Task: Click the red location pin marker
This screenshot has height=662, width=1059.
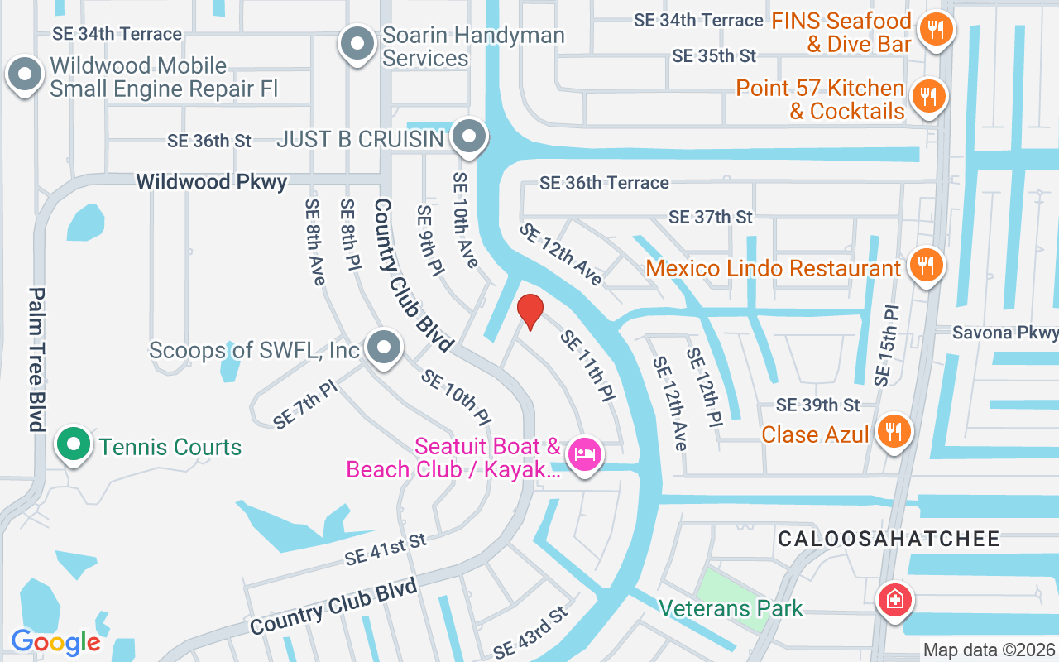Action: pos(529,311)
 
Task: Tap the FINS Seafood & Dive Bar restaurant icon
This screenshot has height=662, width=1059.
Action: pos(936,31)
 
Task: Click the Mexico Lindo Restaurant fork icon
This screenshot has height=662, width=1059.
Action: pos(926,266)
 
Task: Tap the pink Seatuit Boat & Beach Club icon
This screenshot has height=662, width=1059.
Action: pos(585,453)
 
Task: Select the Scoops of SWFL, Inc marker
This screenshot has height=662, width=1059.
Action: pos(384,348)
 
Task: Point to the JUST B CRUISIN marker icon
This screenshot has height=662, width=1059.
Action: pos(470,137)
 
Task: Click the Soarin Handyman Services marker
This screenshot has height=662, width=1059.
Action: pos(357,43)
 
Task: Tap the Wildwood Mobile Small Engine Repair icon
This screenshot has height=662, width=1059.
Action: pos(25,74)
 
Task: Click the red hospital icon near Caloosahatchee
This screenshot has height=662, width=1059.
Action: pos(894,598)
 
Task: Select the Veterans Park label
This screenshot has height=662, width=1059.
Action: pos(731,609)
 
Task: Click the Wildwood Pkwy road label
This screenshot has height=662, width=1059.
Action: pos(212,181)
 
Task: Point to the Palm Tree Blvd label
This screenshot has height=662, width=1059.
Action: pos(36,359)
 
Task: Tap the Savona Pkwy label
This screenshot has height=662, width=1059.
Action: pos(1004,333)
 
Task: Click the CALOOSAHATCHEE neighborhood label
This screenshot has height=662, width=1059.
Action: pos(889,540)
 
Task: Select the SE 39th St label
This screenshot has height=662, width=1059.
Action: pos(817,405)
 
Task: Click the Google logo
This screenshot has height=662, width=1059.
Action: pos(55,641)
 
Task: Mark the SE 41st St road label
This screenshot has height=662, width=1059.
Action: pos(386,549)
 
